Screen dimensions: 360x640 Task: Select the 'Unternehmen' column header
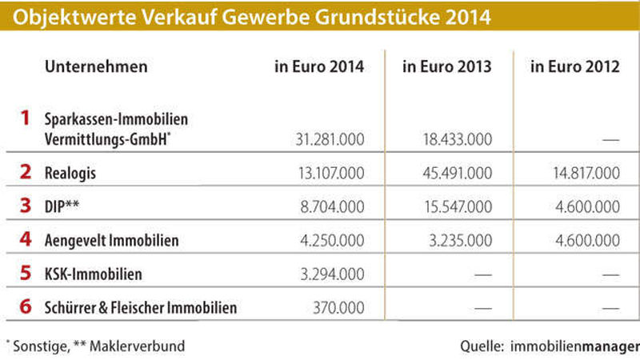click(x=96, y=67)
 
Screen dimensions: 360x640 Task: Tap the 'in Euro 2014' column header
click(x=319, y=67)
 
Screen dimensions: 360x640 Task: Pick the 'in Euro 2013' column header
click(x=447, y=67)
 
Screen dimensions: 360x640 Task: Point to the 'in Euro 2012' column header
click(x=575, y=67)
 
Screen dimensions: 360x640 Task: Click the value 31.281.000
click(x=330, y=139)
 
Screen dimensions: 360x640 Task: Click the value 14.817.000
click(x=586, y=172)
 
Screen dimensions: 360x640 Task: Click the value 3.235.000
click(x=461, y=239)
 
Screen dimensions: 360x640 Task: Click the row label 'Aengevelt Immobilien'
click(x=112, y=240)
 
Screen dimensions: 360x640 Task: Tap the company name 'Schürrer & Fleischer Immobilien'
click(x=141, y=308)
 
